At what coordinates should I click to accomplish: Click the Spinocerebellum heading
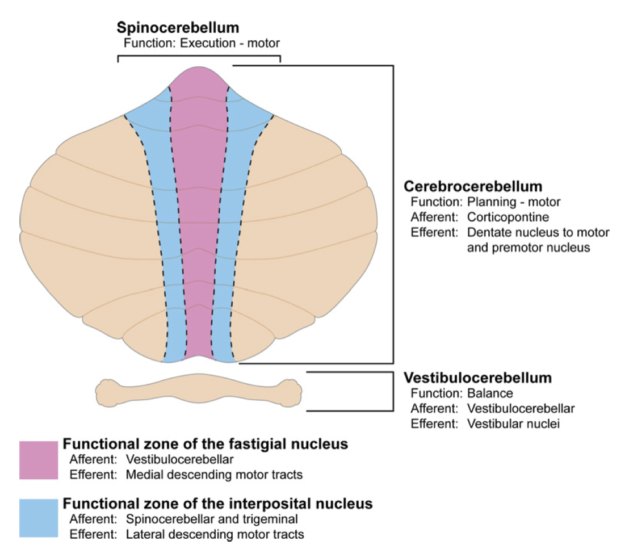178,28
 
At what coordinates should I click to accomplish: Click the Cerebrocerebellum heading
473,186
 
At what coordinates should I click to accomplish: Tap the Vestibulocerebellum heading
477,378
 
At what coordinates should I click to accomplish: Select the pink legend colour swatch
39,460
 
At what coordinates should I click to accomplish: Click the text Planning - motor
514,202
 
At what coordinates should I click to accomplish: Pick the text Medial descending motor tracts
214,475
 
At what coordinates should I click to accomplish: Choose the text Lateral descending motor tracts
215,534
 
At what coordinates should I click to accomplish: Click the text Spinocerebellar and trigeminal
212,519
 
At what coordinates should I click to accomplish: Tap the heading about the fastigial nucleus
205,443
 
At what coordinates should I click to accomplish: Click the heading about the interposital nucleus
217,503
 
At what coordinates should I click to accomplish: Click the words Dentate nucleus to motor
536,232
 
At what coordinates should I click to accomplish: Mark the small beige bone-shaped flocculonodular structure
199,391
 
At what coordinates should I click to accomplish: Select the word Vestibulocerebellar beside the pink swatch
179,459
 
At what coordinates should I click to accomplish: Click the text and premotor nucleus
529,248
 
